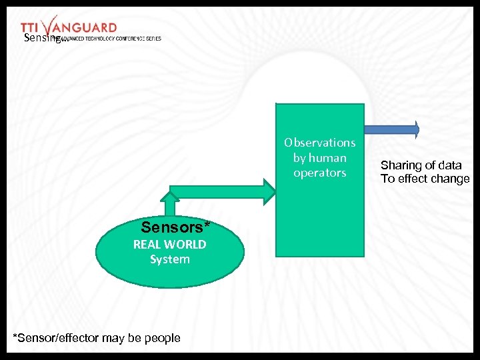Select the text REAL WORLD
(x=169, y=244)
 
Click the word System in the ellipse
(x=169, y=259)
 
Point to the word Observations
(x=319, y=143)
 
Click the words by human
(x=319, y=158)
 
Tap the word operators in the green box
(x=319, y=173)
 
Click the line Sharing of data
(x=421, y=165)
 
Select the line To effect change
(x=425, y=179)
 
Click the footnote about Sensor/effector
(x=97, y=338)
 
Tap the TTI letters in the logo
(x=31, y=27)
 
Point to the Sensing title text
(x=41, y=39)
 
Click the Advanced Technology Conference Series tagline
(x=113, y=38)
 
